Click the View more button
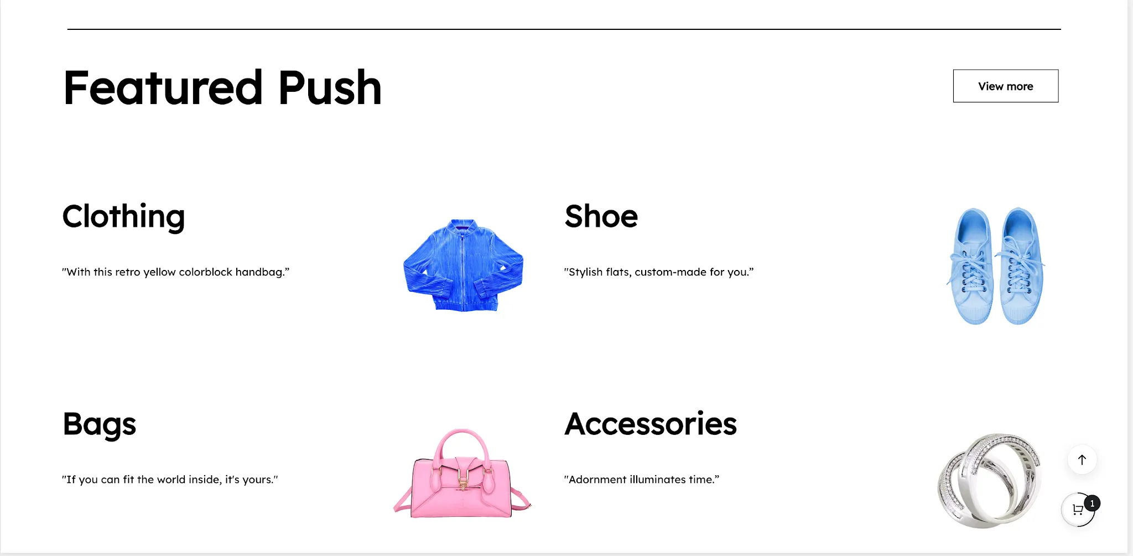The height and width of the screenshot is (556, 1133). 1005,86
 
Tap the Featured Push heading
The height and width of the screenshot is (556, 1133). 222,87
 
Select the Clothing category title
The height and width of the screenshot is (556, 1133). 123,216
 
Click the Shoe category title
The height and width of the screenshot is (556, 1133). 601,216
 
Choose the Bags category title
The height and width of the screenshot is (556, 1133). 100,425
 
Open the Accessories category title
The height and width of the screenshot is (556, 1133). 651,424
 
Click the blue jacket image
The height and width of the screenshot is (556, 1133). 463,265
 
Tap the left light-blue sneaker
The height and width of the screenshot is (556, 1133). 972,266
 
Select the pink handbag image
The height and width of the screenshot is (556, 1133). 462,474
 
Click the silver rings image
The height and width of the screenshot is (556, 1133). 990,480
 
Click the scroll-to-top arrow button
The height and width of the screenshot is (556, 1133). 1082,460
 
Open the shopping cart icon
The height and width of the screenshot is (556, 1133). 1077,510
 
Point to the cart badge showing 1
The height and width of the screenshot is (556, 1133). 1092,503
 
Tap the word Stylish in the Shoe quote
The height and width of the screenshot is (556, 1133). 585,272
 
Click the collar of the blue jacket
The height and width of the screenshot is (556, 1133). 463,224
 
